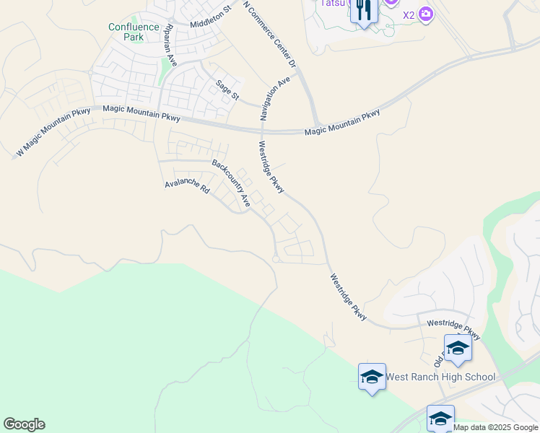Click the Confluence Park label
click(x=134, y=32)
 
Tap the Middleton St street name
click(x=209, y=17)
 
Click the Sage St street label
click(x=227, y=92)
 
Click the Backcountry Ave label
click(x=230, y=184)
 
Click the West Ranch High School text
click(x=440, y=377)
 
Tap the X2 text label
click(x=409, y=14)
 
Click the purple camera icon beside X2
click(x=425, y=14)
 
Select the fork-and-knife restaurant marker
click(x=363, y=10)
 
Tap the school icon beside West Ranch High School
click(x=372, y=376)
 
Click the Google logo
click(x=24, y=424)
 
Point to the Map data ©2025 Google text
click(x=496, y=427)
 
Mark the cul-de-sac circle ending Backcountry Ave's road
click(x=275, y=259)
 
